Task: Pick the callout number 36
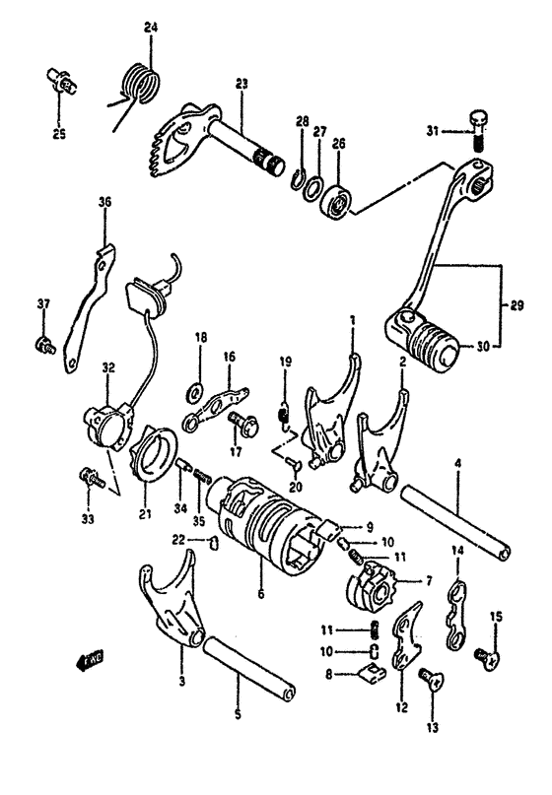pos(105,203)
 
